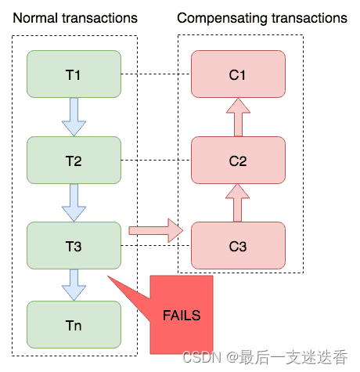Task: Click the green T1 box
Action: point(74,74)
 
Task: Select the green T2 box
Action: point(74,161)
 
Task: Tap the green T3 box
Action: point(74,246)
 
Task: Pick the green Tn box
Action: point(74,324)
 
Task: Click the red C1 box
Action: point(238,74)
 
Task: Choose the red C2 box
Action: point(238,161)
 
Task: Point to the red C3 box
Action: point(238,246)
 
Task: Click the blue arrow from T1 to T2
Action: point(74,117)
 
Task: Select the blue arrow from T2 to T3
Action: point(74,203)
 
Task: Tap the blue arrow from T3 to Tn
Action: point(74,284)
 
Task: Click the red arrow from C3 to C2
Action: point(238,203)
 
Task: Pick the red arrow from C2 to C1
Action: point(238,117)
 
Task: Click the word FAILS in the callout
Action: point(182,316)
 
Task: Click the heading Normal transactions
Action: point(75,17)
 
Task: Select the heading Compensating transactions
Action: point(262,17)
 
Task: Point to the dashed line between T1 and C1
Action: point(156,75)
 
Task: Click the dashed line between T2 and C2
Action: point(156,161)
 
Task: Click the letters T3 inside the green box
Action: point(74,246)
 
